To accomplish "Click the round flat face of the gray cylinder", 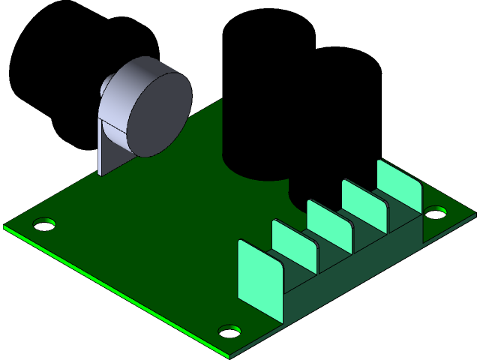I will tap(156, 112).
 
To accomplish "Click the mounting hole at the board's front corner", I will tap(229, 330).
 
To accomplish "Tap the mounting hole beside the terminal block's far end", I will tap(435, 214).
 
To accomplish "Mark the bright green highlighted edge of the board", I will tap(112, 289).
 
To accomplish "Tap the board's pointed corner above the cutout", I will tap(222, 100).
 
